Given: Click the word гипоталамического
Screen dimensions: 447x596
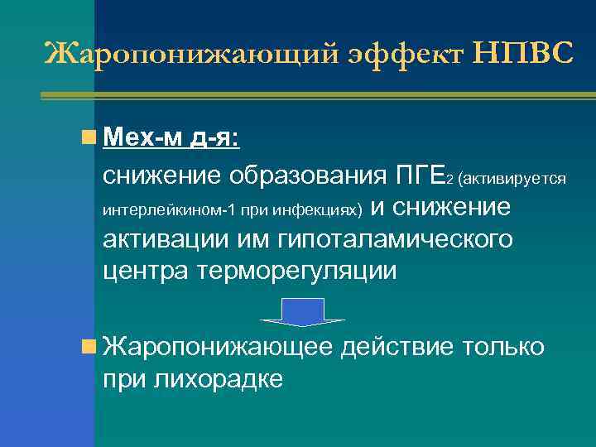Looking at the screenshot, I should pyautogui.click(x=397, y=240).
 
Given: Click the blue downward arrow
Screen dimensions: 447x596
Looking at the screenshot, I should pyautogui.click(x=302, y=311).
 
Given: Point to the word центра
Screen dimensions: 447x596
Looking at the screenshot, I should pyautogui.click(x=147, y=271).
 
